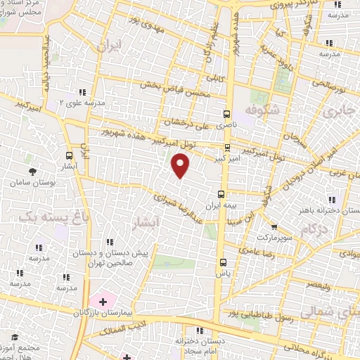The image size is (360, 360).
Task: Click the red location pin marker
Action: (181, 165)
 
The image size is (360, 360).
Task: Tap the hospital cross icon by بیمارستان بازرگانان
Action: (103, 302)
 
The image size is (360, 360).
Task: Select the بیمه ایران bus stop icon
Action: (221, 193)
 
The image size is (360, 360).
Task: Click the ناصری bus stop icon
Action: (226, 113)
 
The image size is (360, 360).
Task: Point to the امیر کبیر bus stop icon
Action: (226, 148)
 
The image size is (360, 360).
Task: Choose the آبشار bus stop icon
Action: (69, 155)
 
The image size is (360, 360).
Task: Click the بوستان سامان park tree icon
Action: (32, 171)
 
